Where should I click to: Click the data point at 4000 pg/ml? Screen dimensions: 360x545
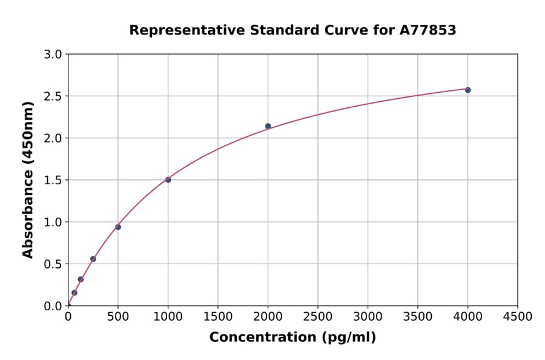(467, 90)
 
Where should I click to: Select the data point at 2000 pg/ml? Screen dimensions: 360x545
(268, 126)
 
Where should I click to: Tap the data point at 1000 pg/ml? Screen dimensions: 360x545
(168, 179)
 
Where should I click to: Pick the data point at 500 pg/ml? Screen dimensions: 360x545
(118, 227)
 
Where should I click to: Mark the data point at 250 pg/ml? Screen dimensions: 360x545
(93, 259)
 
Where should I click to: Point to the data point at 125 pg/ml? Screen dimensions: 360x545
(81, 279)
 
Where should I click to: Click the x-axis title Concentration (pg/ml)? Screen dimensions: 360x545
(292, 338)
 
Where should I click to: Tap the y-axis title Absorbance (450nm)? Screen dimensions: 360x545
(28, 179)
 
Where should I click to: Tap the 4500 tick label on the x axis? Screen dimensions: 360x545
(517, 316)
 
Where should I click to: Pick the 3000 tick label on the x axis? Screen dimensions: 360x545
(368, 316)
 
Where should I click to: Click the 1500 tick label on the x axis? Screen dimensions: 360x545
(218, 316)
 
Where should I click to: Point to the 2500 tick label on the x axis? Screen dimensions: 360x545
(318, 316)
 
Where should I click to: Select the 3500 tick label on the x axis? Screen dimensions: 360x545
(418, 316)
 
